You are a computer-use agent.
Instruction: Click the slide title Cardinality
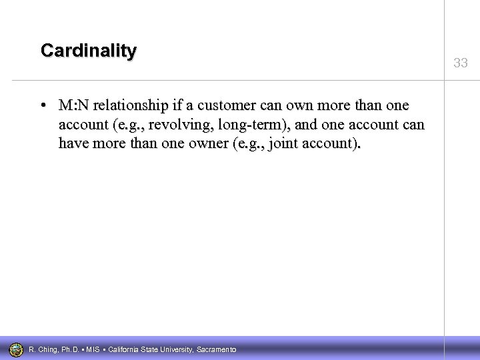point(88,50)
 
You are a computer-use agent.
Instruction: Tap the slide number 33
point(460,63)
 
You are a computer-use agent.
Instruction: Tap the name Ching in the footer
point(46,350)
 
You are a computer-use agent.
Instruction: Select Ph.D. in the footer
point(70,350)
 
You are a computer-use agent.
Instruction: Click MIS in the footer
point(93,350)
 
